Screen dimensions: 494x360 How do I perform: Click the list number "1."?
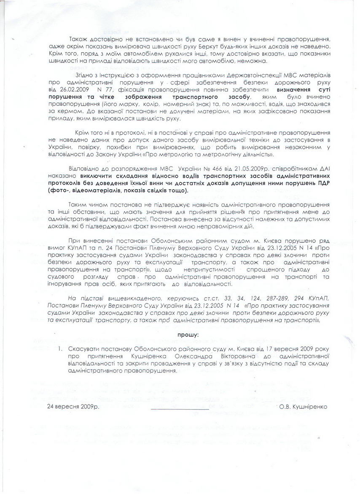click(x=61, y=349)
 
